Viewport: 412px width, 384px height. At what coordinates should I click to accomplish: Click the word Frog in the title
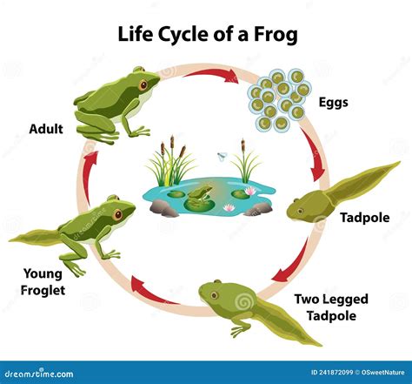pos(276,35)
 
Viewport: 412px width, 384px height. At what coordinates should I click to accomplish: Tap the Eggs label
pos(334,103)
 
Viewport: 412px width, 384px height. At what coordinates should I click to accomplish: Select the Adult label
pos(46,129)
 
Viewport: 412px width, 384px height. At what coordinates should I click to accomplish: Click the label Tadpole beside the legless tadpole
pos(365,218)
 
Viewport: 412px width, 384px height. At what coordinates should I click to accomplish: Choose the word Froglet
pos(43,290)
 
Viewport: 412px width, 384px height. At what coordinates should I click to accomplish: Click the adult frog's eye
pos(143,85)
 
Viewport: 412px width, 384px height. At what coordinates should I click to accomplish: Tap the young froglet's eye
pos(117,215)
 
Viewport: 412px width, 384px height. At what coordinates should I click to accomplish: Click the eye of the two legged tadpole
pos(214,295)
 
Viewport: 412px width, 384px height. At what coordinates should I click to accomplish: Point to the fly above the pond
pos(223,157)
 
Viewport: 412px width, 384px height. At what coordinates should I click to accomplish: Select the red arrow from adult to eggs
pos(211,74)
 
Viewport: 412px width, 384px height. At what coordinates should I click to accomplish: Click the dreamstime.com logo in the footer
pos(39,373)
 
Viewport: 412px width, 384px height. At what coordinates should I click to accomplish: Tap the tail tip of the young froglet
pos(10,239)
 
